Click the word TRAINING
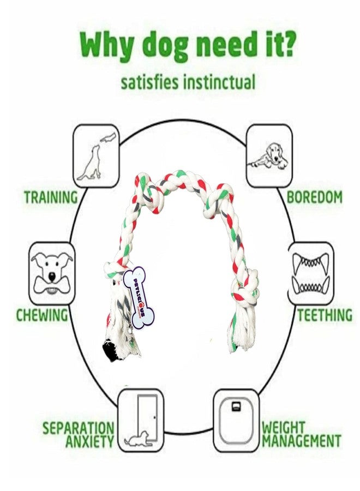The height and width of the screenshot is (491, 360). click(51, 197)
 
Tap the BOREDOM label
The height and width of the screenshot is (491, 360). click(314, 197)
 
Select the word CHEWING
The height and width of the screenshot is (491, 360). click(42, 315)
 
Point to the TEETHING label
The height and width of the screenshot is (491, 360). click(325, 315)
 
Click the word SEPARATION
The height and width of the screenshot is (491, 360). click(78, 428)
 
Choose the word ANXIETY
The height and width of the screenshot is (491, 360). click(90, 441)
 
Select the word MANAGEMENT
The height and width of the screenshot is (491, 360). click(302, 441)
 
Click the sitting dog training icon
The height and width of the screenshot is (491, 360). click(96, 157)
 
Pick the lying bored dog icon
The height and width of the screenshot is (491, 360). click(269, 156)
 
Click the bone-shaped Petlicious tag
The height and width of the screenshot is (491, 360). click(139, 297)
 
